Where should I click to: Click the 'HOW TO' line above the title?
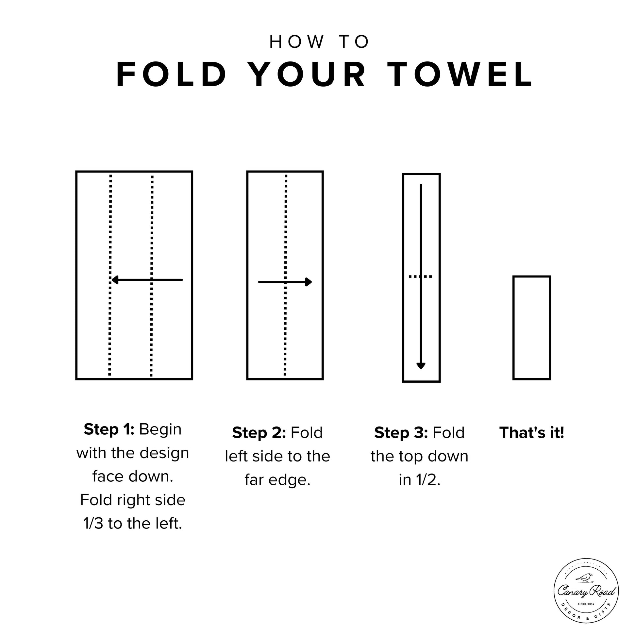(319, 42)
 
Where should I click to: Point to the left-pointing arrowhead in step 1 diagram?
(115, 280)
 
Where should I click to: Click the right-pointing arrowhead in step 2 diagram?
(309, 282)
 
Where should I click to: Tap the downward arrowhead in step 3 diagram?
(421, 366)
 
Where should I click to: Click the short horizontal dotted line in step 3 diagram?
(420, 276)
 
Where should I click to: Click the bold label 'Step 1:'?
(109, 429)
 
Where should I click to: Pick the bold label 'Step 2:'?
(259, 433)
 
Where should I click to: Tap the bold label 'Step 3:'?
(401, 433)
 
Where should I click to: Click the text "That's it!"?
(532, 433)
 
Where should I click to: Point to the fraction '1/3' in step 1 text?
(93, 524)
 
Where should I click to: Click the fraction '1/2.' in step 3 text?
(420, 480)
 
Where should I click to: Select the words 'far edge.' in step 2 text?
(277, 481)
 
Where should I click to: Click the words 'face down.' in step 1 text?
(133, 477)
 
